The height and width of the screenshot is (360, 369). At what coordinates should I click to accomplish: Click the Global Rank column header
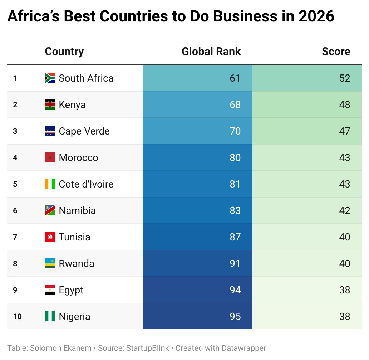pyautogui.click(x=211, y=52)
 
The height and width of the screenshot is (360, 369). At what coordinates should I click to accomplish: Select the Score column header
pyautogui.click(x=336, y=52)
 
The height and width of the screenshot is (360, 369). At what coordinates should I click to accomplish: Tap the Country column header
pyautogui.click(x=64, y=52)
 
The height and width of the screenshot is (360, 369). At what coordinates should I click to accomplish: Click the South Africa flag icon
pyautogui.click(x=50, y=78)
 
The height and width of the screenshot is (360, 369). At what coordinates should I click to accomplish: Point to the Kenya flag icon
pyautogui.click(x=50, y=104)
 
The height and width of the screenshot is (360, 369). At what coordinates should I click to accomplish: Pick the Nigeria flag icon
pyautogui.click(x=50, y=316)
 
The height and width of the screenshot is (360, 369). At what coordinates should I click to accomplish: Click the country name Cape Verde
pyautogui.click(x=84, y=131)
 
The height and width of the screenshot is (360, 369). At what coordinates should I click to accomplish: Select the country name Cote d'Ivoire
pyautogui.click(x=86, y=184)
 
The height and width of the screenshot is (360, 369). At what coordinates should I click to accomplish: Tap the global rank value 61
pyautogui.click(x=235, y=78)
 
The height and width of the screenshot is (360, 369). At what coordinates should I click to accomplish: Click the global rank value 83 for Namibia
pyautogui.click(x=235, y=210)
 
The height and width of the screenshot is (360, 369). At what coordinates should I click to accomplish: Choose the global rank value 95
pyautogui.click(x=235, y=316)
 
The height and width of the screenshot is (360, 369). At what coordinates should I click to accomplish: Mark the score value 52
pyautogui.click(x=345, y=78)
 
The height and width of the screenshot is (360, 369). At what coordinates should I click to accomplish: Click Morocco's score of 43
pyautogui.click(x=345, y=157)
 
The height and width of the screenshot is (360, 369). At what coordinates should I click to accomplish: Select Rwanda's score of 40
pyautogui.click(x=345, y=263)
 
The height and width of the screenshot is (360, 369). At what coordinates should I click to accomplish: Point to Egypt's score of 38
pyautogui.click(x=345, y=290)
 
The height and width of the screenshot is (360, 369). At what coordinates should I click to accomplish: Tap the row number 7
pyautogui.click(x=15, y=237)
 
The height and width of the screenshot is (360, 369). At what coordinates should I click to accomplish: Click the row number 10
pyautogui.click(x=17, y=316)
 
